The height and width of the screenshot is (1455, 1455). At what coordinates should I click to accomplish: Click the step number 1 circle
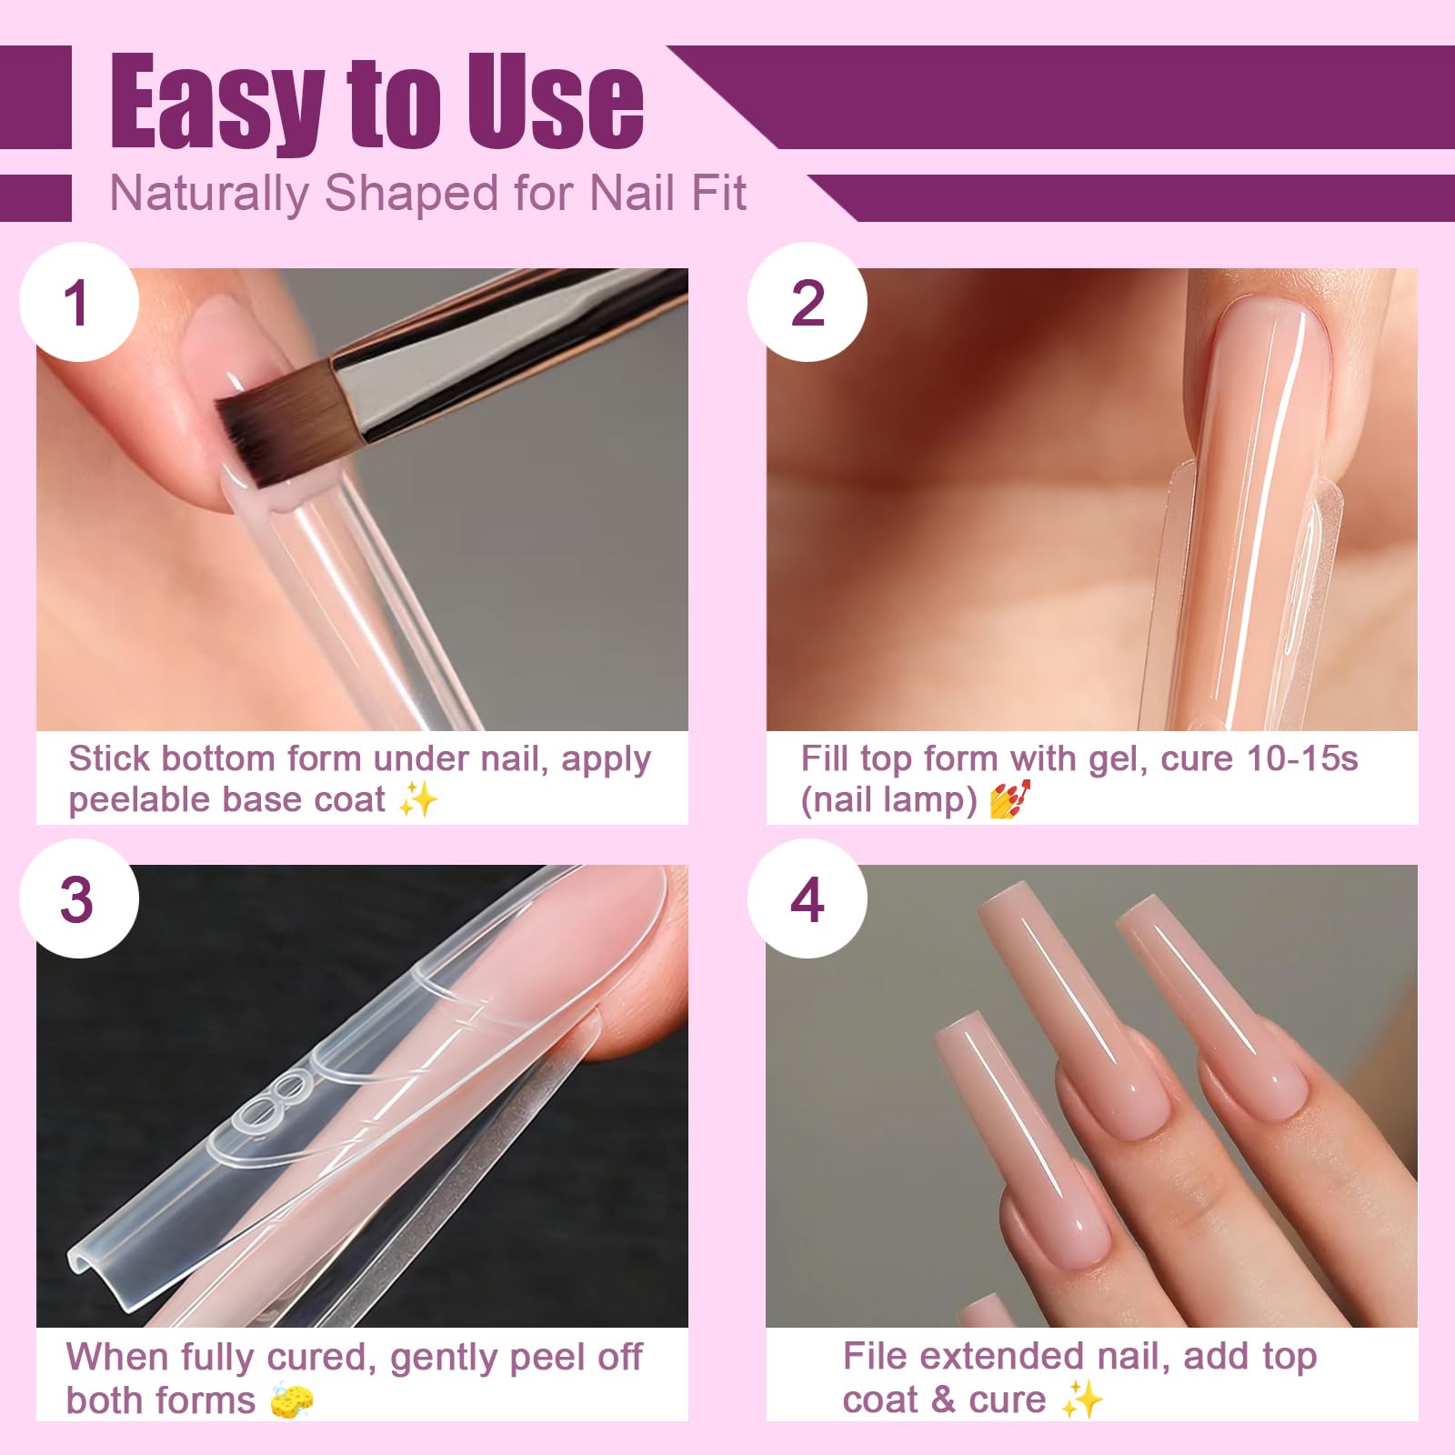pyautogui.click(x=78, y=302)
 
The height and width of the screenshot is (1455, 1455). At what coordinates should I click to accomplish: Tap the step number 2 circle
pyautogui.click(x=808, y=302)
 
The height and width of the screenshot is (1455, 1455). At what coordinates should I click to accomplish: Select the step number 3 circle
pyautogui.click(x=78, y=898)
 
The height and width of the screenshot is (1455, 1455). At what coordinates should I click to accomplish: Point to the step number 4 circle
pyautogui.click(x=808, y=898)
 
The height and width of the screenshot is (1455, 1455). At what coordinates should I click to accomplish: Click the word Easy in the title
pyautogui.click(x=216, y=102)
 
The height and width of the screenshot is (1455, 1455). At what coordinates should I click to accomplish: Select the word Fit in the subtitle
pyautogui.click(x=718, y=193)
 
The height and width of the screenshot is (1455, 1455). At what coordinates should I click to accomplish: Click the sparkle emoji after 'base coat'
pyautogui.click(x=418, y=799)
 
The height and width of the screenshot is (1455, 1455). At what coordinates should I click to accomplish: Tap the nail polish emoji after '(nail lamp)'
pyautogui.click(x=1009, y=799)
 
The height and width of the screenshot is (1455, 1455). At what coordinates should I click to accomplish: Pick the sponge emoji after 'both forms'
pyautogui.click(x=291, y=1400)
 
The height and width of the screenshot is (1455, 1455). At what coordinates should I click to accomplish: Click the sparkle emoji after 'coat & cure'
pyautogui.click(x=1082, y=1399)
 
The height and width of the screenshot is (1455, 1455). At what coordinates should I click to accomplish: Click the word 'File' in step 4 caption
pyautogui.click(x=876, y=1356)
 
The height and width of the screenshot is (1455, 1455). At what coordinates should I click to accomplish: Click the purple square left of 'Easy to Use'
pyautogui.click(x=35, y=97)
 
